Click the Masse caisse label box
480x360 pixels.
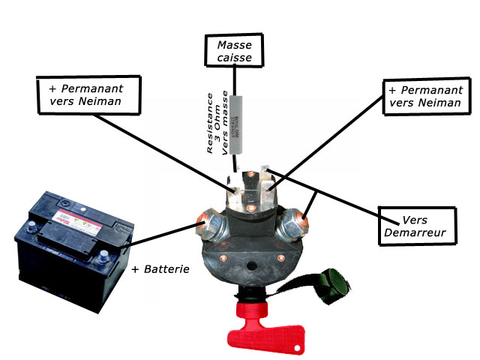234,49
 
